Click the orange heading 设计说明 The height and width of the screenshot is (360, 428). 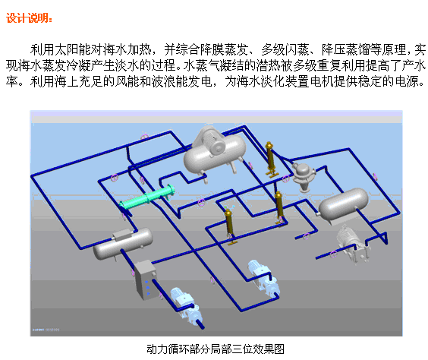click(x=29, y=18)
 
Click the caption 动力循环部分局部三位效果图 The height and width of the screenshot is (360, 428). click(x=216, y=349)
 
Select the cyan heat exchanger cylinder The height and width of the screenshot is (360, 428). click(x=147, y=197)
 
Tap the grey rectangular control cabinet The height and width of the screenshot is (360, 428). click(x=146, y=279)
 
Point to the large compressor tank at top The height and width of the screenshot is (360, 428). click(x=215, y=154)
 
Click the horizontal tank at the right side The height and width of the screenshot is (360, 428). click(x=343, y=204)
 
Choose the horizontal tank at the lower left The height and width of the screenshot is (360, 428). click(x=123, y=244)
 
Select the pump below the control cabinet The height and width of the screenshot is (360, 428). click(x=187, y=305)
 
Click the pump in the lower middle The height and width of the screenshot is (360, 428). click(x=264, y=278)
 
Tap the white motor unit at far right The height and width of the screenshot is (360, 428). click(x=352, y=244)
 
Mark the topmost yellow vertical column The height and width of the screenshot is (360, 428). click(x=270, y=159)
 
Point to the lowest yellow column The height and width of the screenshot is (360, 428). click(x=229, y=226)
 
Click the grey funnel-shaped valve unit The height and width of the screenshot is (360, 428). click(x=303, y=177)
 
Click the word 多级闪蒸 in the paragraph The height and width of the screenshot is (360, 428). click(x=285, y=49)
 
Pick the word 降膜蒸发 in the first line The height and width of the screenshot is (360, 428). click(x=225, y=49)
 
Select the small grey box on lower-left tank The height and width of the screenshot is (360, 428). click(x=123, y=235)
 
